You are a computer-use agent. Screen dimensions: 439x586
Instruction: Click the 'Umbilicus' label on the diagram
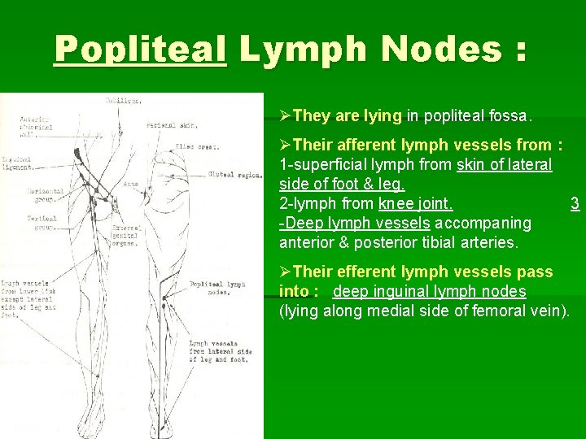pyautogui.click(x=124, y=102)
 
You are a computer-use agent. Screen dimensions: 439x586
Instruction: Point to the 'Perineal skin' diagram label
pyautogui.click(x=171, y=125)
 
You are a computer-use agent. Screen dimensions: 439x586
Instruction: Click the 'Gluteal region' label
pyautogui.click(x=234, y=174)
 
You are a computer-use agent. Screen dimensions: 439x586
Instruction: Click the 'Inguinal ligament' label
pyautogui.click(x=17, y=163)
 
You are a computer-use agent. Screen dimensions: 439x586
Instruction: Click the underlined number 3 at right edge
pyautogui.click(x=575, y=203)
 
